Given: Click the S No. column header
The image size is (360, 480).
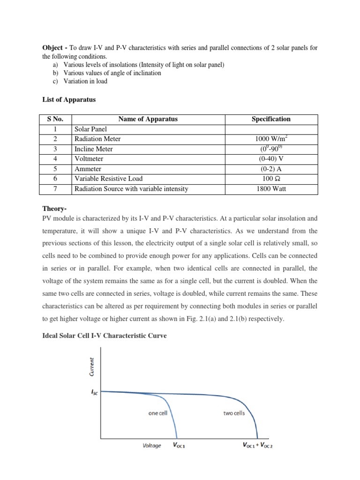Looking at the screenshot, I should click(55, 119).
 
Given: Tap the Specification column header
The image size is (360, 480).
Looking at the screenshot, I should click(271, 119).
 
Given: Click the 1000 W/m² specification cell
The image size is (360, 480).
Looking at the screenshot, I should click(271, 139).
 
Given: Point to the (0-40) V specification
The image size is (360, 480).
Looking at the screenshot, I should click(271, 159).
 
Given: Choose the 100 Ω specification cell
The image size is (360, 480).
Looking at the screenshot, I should click(271, 179).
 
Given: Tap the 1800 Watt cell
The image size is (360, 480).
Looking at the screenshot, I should click(271, 189).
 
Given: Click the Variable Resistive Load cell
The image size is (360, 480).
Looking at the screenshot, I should click(108, 179).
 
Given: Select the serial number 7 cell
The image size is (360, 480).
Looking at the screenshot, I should click(55, 189).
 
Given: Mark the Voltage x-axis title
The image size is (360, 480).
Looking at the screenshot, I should click(151, 446).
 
